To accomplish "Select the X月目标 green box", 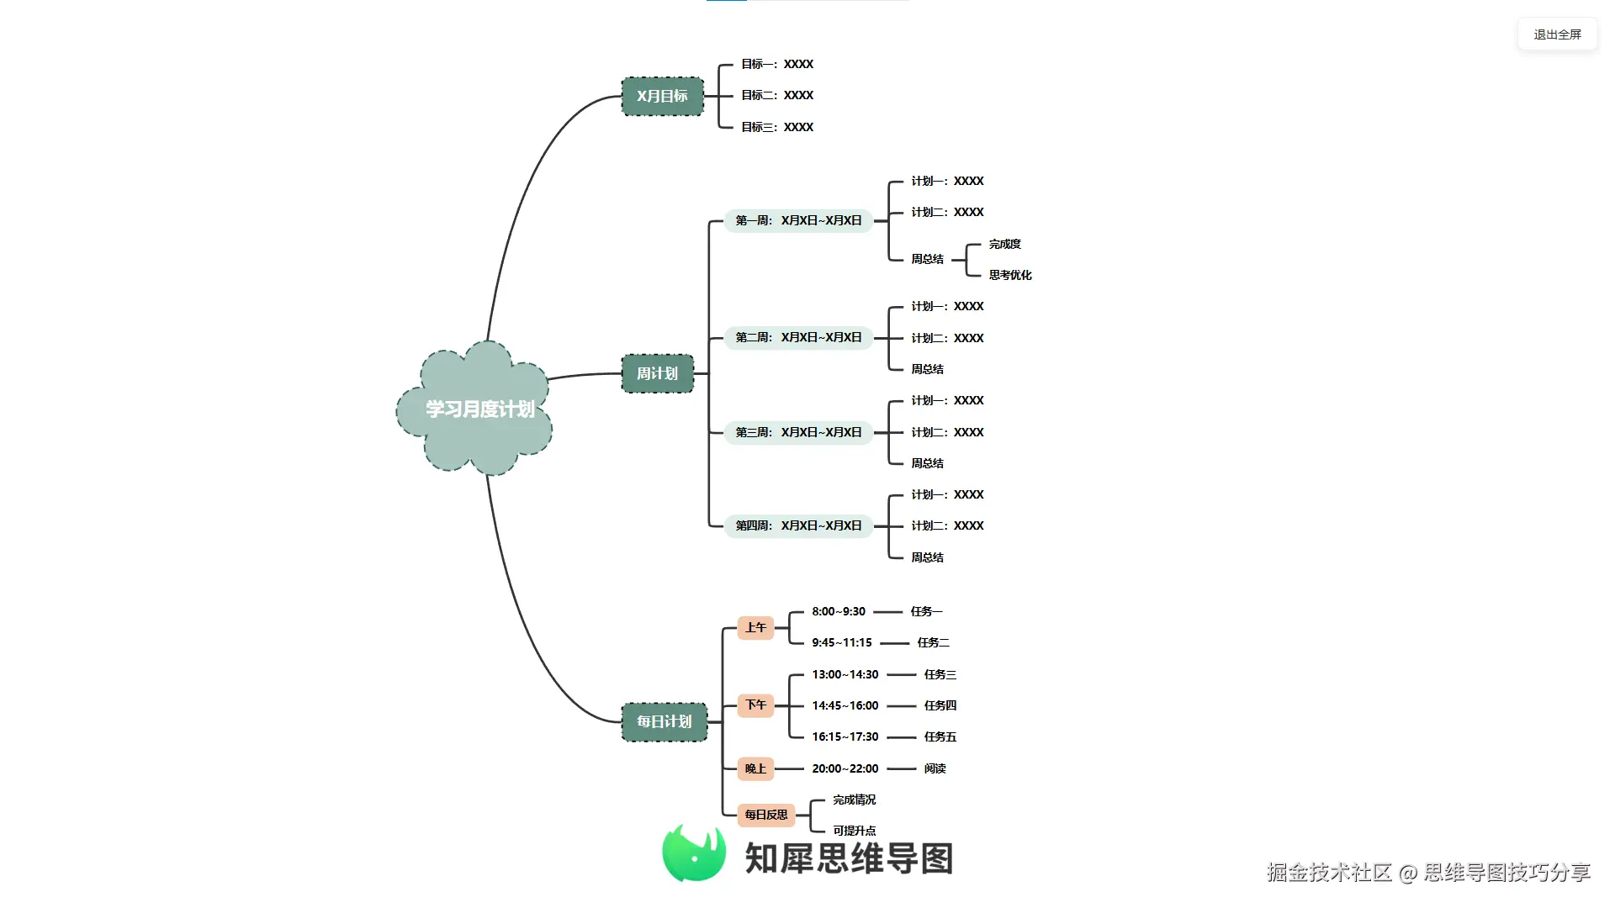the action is pos(662,96).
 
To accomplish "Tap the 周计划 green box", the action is pos(657,373).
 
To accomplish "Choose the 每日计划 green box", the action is pos(664,721).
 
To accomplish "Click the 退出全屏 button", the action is pos(1557,34).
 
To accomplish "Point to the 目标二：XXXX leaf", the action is pos(777,95).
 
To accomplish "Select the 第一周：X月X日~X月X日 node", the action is pos(798,220).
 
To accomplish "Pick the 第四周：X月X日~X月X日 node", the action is pos(798,525).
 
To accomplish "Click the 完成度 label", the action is pos(1005,244).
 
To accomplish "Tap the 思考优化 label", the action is pos(1010,275).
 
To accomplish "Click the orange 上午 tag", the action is pos(755,627).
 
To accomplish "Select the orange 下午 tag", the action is pos(755,705).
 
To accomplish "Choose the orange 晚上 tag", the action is pos(755,768).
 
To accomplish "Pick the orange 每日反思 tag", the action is pos(766,815).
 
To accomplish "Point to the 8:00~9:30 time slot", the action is pos(839,611).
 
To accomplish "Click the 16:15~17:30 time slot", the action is pos(845,736).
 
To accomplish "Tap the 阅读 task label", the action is pos(935,768).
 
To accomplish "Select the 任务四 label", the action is pos(940,705).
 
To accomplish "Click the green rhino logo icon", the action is pos(694,853).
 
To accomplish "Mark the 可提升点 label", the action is pos(855,831).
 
